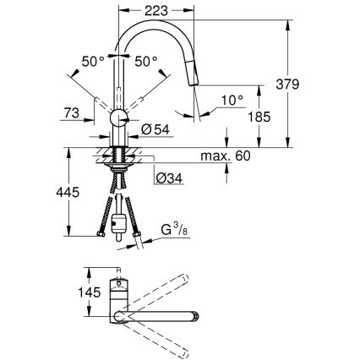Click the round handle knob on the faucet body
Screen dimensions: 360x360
[117, 117]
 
